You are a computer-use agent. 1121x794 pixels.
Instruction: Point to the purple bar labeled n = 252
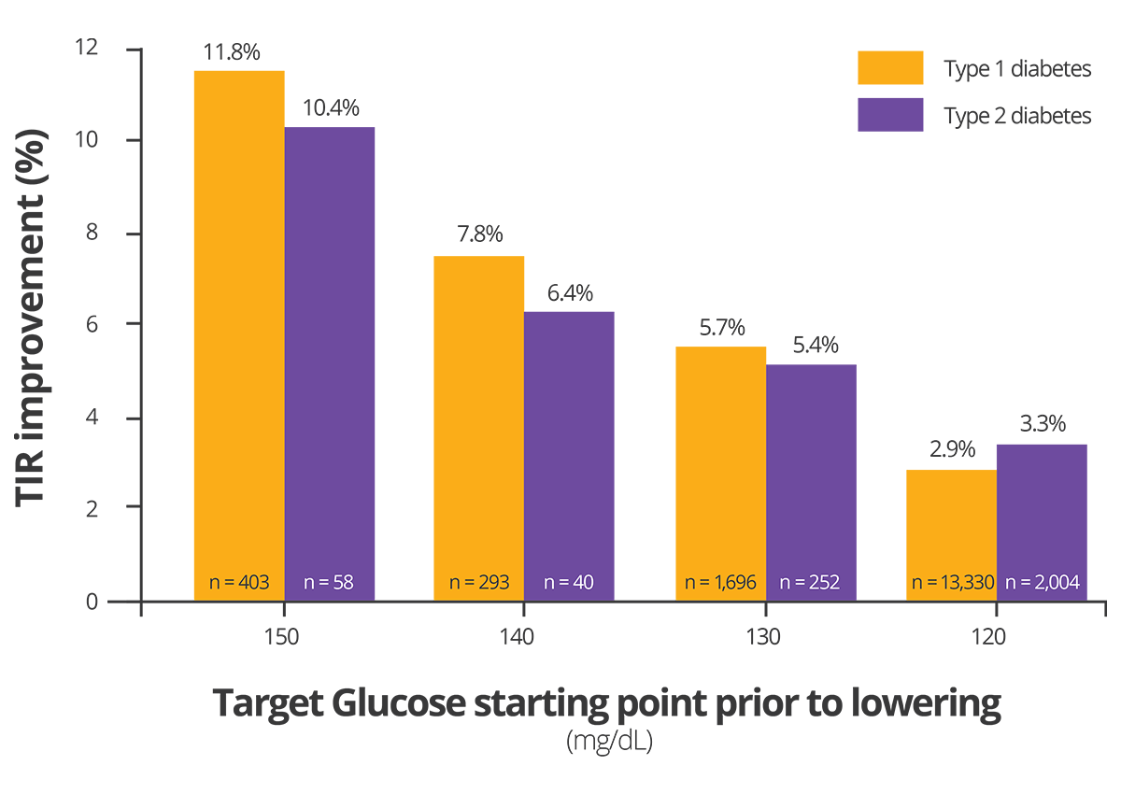point(822,467)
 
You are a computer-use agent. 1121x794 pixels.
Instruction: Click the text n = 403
point(238,583)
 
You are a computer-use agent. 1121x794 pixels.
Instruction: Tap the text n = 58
point(331,583)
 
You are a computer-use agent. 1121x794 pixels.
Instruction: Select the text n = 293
point(479,583)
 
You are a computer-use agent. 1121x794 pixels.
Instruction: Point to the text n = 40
point(569,583)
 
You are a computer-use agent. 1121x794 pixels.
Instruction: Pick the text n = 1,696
point(720,583)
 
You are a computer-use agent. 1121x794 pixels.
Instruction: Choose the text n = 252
point(809,583)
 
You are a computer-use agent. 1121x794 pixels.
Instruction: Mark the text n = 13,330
point(953,583)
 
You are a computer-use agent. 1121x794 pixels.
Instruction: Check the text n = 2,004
point(1043,583)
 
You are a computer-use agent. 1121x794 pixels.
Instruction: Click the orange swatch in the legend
point(854,64)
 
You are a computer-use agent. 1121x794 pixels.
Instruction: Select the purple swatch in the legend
point(854,154)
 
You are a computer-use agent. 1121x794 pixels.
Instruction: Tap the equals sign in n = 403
point(227,584)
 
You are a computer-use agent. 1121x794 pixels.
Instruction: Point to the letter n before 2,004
point(1011,584)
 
